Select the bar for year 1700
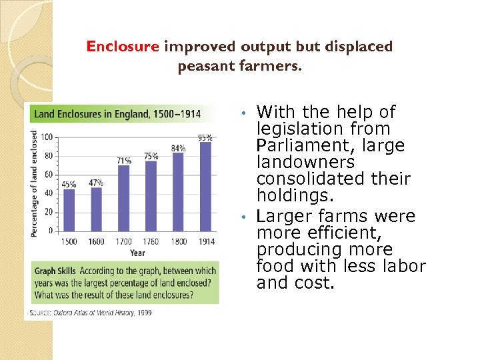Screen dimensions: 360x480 pos(123,197)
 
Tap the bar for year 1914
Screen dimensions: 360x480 pos(205,186)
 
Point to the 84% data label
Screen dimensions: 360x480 pos(178,148)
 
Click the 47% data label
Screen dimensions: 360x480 pos(96,183)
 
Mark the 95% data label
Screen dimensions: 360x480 pos(205,138)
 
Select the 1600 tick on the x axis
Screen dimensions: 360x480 pos(96,241)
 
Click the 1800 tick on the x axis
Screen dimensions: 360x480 pos(178,241)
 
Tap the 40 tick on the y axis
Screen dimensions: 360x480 pos(49,193)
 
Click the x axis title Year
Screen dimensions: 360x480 pos(137,253)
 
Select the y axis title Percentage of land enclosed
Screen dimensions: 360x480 pos(35,183)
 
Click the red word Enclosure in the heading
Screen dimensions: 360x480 pos(123,47)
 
